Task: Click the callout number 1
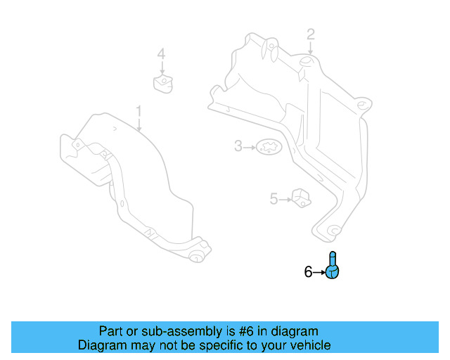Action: (139, 111)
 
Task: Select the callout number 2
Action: (310, 34)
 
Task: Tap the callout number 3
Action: (238, 146)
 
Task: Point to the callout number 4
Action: (161, 54)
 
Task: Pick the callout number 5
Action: (274, 199)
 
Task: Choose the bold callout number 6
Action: (308, 271)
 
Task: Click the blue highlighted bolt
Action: (333, 266)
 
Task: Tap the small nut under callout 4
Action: (162, 84)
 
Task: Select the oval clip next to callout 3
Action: (267, 147)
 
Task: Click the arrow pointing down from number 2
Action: (310, 49)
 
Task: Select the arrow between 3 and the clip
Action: (249, 147)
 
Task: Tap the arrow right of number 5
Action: (285, 200)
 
